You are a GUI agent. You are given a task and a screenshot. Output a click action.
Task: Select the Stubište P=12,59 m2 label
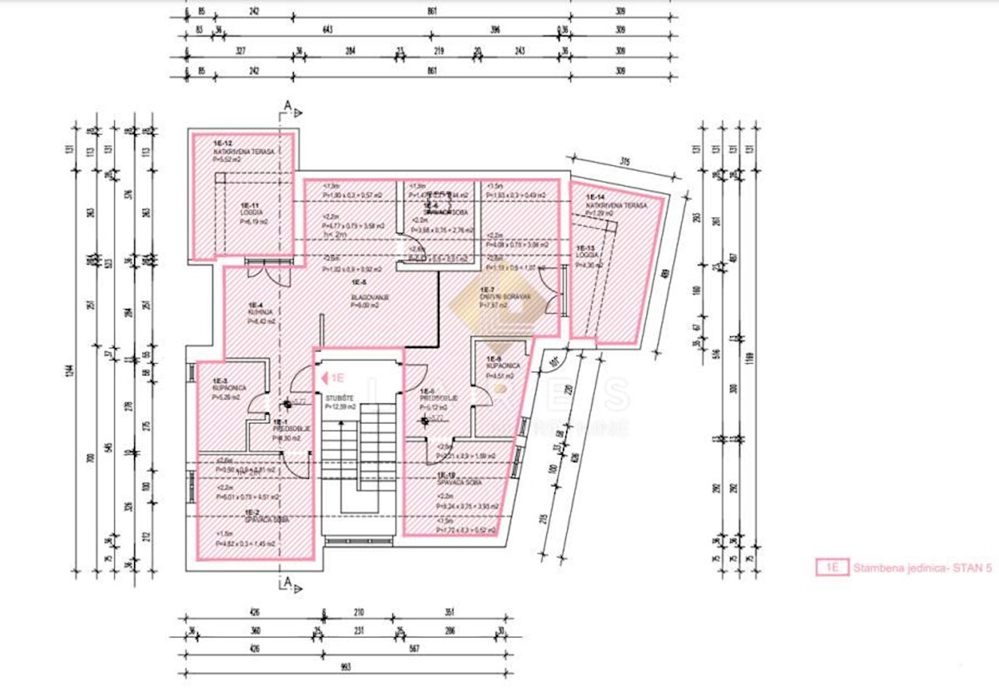click(340, 403)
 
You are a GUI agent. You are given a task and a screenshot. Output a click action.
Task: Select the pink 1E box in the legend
click(830, 568)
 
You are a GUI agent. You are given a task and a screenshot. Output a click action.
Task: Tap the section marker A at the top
click(288, 105)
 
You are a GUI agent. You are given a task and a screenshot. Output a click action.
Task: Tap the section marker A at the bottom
click(287, 582)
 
